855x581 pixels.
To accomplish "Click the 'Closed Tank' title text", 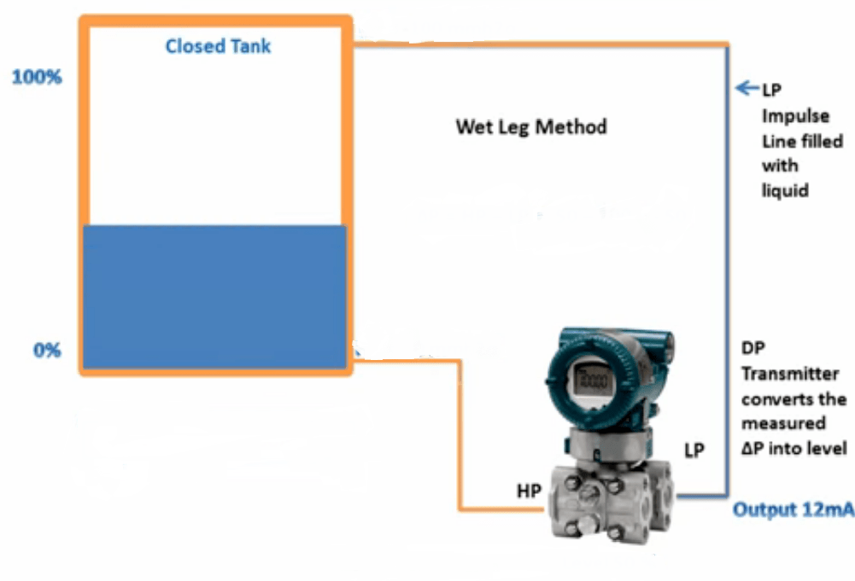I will pyautogui.click(x=218, y=46).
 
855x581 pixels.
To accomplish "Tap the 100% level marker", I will pyautogui.click(x=37, y=77).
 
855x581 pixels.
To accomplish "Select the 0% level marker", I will pyautogui.click(x=47, y=350).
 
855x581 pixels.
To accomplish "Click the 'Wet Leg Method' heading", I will pyautogui.click(x=531, y=127).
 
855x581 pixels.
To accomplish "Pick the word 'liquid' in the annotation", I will pyautogui.click(x=785, y=189).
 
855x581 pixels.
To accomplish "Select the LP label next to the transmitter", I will pyautogui.click(x=694, y=450).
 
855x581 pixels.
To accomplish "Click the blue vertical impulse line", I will pyautogui.click(x=728, y=256).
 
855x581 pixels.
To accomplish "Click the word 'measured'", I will pyautogui.click(x=783, y=423).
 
